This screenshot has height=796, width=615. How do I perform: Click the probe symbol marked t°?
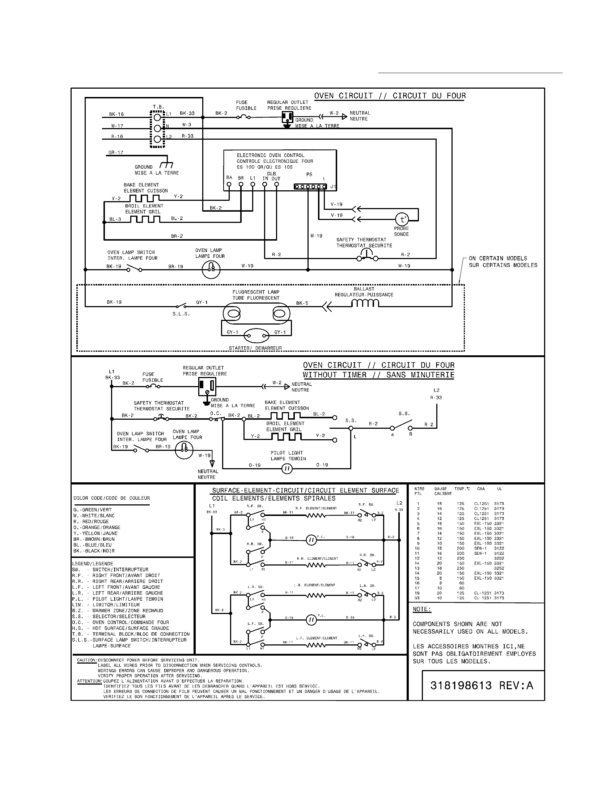pyautogui.click(x=402, y=219)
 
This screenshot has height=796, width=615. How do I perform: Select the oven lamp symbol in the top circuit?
pyautogui.click(x=211, y=270)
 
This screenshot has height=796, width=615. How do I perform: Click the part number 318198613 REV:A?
pyautogui.click(x=482, y=686)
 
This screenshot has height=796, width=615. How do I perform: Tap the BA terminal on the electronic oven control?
pyautogui.click(x=229, y=184)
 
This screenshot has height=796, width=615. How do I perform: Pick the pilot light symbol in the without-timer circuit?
pyautogui.click(x=287, y=469)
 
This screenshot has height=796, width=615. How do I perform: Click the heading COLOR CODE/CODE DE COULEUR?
pyautogui.click(x=111, y=498)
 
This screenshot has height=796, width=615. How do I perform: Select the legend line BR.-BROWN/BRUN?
pyautogui.click(x=94, y=539)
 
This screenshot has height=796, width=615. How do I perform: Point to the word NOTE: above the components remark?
pyautogui.click(x=421, y=609)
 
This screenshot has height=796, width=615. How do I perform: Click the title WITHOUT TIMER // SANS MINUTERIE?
pyautogui.click(x=378, y=375)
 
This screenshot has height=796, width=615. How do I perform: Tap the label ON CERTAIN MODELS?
pyautogui.click(x=498, y=258)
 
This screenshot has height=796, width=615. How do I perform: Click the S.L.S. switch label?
pyautogui.click(x=181, y=314)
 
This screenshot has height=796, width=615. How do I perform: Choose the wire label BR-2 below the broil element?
pyautogui.click(x=177, y=236)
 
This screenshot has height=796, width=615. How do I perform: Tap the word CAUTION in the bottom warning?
pyautogui.click(x=86, y=660)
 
